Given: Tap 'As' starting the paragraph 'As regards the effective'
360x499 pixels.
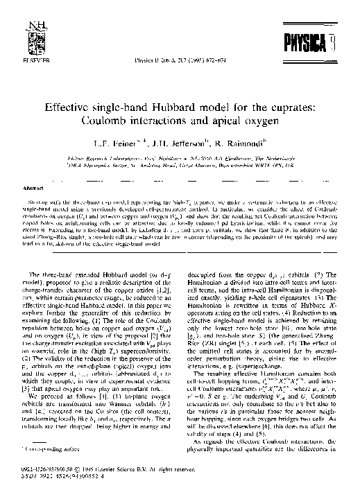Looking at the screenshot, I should coord(198,462).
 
